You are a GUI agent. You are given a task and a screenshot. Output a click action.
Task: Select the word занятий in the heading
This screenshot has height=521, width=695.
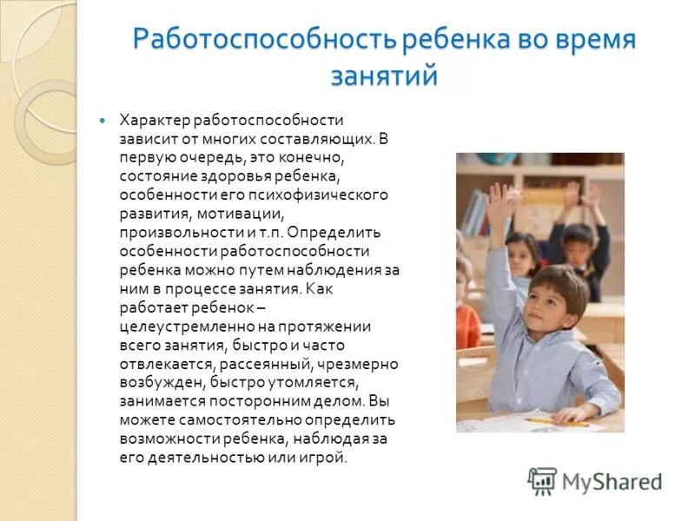pyautogui.click(x=384, y=76)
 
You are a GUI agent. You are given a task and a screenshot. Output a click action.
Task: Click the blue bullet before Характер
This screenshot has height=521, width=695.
pyautogui.click(x=103, y=119)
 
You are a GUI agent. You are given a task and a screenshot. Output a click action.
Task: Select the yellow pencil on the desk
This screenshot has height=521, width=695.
pyautogui.click(x=545, y=420)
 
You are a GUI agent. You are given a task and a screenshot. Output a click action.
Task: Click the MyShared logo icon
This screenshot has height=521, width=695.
pyautogui.click(x=542, y=480)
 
